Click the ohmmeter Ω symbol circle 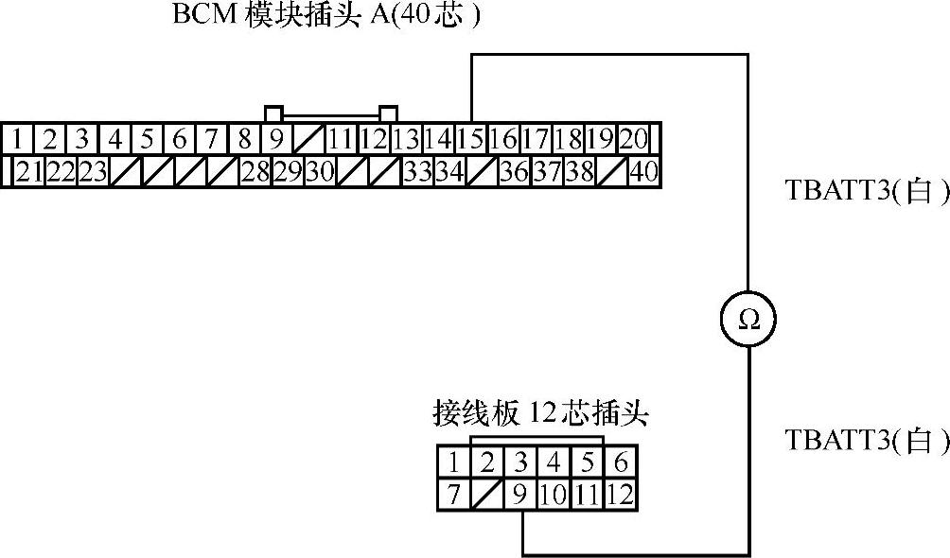point(748,319)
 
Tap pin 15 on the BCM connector point(470,140)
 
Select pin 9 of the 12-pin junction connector point(520,494)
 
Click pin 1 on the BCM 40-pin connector point(17,140)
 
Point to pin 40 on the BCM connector point(643,172)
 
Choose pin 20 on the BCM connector point(633,140)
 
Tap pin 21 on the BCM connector point(29,172)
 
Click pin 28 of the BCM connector point(255,172)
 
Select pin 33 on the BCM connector point(416,172)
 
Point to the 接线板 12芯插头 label point(540,413)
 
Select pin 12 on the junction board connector point(621,494)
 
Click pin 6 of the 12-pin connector point(621,463)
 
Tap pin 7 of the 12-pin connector point(454,494)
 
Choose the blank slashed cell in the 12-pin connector point(487,494)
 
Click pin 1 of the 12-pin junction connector point(454,463)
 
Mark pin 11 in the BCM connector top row point(341,140)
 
